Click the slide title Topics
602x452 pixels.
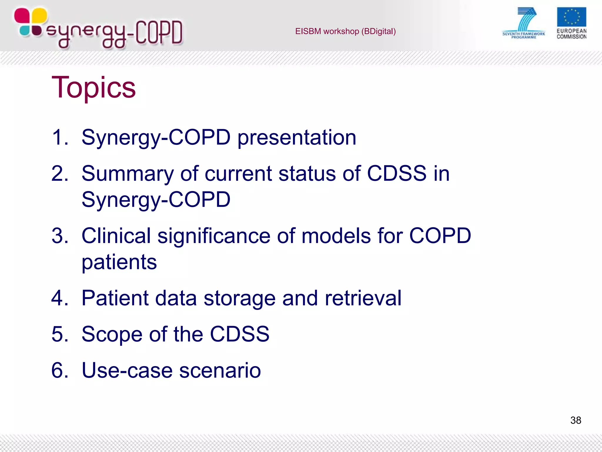click(x=93, y=87)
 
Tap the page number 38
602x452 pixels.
click(x=576, y=420)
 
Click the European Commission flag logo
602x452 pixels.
click(x=571, y=17)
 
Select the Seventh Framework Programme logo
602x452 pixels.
click(x=524, y=23)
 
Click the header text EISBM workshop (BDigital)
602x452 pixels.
click(x=345, y=31)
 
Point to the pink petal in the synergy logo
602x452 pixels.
click(x=21, y=16)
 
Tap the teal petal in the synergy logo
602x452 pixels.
click(x=25, y=31)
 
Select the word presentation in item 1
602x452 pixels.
click(x=297, y=137)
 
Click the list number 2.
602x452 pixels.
click(x=60, y=173)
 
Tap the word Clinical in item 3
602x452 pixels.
click(x=116, y=236)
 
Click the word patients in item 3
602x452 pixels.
click(x=119, y=262)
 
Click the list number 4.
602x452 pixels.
click(x=60, y=298)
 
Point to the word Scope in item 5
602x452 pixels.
click(x=112, y=334)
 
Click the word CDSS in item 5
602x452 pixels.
click(x=239, y=334)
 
